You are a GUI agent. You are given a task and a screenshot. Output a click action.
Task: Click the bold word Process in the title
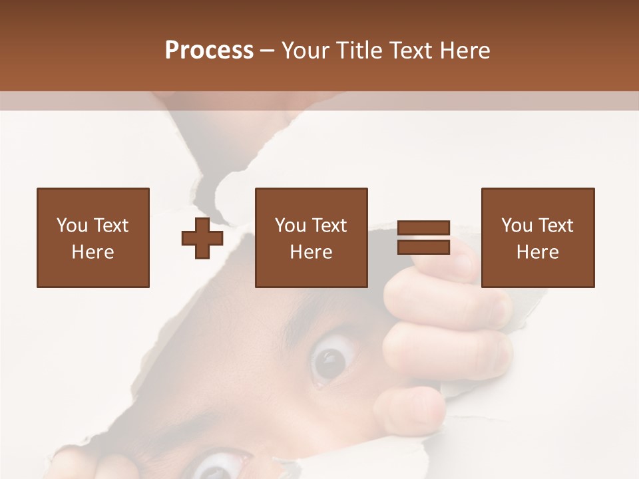pyautogui.click(x=209, y=51)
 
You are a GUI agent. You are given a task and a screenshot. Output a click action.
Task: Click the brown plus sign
pyautogui.click(x=202, y=238)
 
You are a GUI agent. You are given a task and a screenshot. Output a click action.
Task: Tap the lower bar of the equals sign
pyautogui.click(x=423, y=247)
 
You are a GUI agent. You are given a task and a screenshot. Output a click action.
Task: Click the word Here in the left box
pyautogui.click(x=93, y=252)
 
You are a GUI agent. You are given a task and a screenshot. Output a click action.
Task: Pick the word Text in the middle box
pyautogui.click(x=328, y=226)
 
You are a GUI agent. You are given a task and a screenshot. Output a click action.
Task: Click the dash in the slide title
pyautogui.click(x=268, y=51)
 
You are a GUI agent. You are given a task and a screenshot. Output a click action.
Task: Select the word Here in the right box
pyautogui.click(x=537, y=252)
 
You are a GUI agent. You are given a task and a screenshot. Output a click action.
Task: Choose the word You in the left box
pyautogui.click(x=71, y=226)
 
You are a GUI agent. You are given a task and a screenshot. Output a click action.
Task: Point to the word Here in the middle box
pyautogui.click(x=311, y=252)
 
